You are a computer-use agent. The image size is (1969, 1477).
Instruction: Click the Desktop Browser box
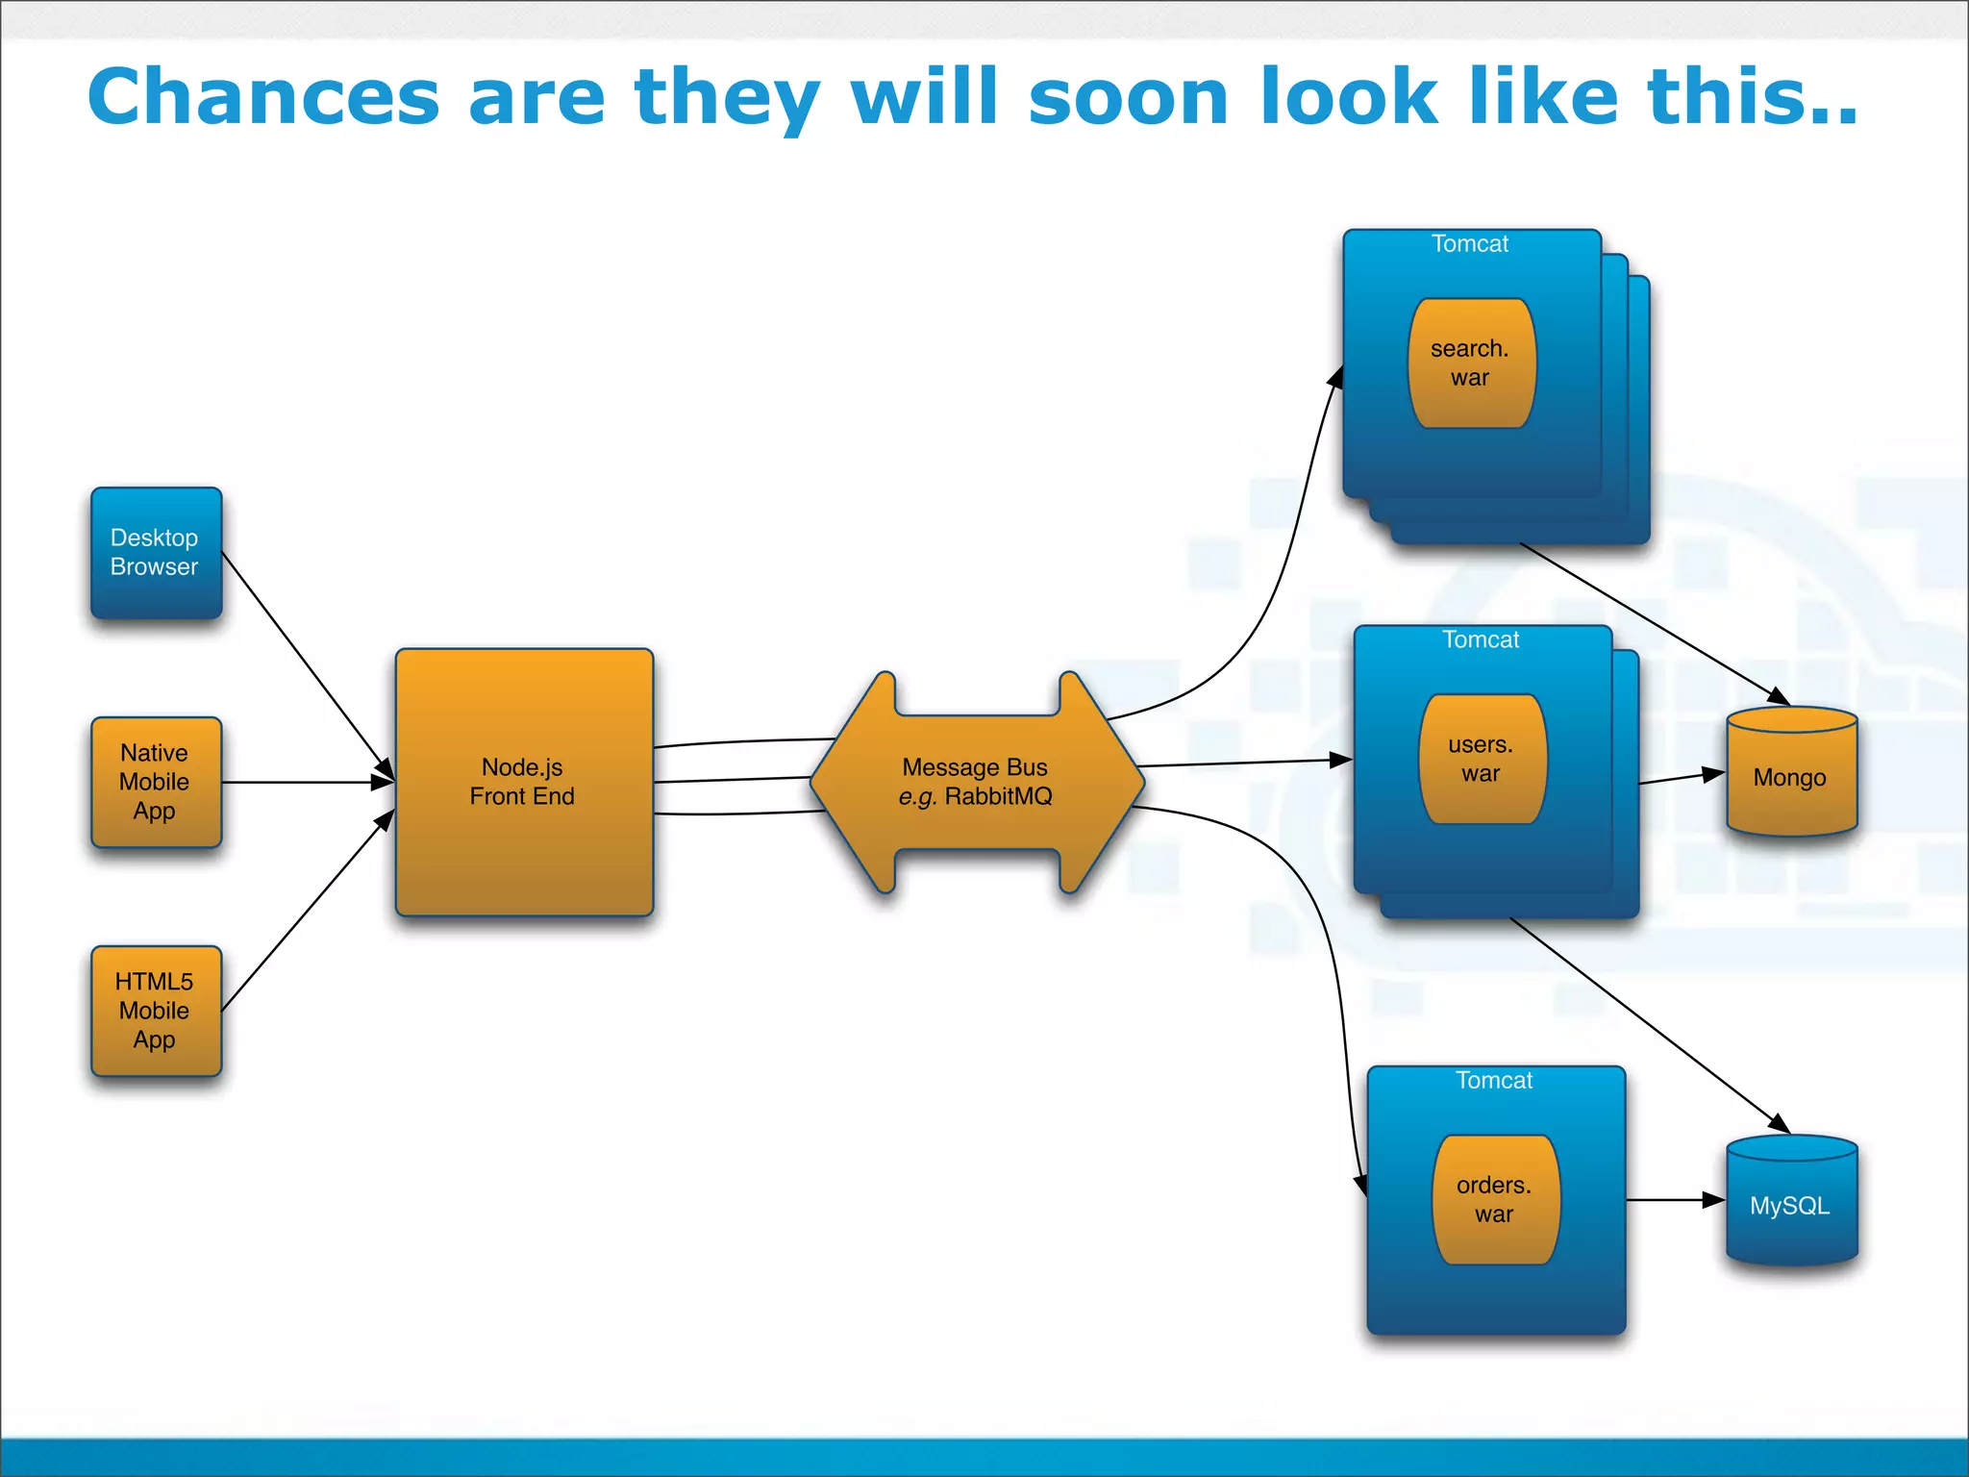pyautogui.click(x=156, y=552)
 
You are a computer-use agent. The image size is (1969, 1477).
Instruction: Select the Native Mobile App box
pyautogui.click(x=156, y=782)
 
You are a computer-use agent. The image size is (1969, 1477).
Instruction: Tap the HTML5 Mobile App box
pyautogui.click(x=156, y=1011)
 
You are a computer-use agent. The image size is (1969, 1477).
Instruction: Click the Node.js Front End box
pyautogui.click(x=524, y=782)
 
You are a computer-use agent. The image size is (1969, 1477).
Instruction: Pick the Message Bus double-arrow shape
pyautogui.click(x=976, y=782)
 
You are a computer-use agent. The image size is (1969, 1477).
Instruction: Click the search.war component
pyautogui.click(x=1471, y=363)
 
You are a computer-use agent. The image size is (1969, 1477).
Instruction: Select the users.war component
pyautogui.click(x=1482, y=759)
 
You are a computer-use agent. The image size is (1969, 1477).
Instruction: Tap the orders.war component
pyautogui.click(x=1495, y=1199)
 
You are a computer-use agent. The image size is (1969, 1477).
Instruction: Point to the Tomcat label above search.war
pyautogui.click(x=1470, y=244)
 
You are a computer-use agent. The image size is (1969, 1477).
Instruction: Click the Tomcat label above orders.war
pyautogui.click(x=1494, y=1081)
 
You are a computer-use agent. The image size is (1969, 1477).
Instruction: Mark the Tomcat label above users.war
pyautogui.click(x=1481, y=640)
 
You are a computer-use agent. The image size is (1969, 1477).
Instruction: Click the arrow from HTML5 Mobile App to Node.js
pyautogui.click(x=306, y=912)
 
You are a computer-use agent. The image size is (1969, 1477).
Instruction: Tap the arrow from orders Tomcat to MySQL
pyautogui.click(x=1673, y=1200)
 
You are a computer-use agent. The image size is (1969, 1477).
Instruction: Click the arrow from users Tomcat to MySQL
pyautogui.click(x=1649, y=1025)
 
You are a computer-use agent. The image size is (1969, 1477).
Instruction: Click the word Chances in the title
pyautogui.click(x=263, y=97)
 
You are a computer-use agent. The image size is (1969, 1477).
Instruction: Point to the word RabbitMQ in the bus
pyautogui.click(x=998, y=796)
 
